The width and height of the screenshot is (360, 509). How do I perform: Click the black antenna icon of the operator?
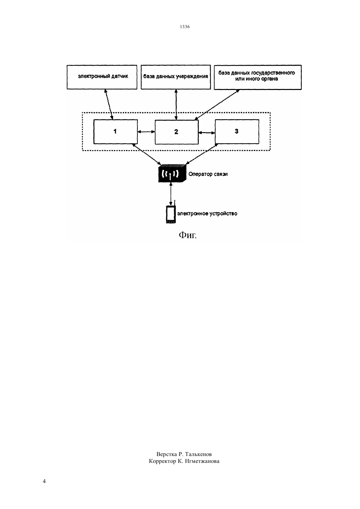pos(172,173)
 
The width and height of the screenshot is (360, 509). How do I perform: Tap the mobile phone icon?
pos(171,214)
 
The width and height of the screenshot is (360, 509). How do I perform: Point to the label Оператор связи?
pos(208,174)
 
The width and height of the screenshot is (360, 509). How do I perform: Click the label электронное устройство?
pos(207,214)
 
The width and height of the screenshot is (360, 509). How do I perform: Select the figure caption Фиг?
pos(188,235)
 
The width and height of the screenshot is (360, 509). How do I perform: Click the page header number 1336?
pos(185,27)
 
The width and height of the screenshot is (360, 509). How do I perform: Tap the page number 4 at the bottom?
pos(44,481)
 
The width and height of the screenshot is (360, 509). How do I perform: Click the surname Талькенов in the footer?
pos(198,454)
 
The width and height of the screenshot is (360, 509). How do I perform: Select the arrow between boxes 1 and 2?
pos(146,132)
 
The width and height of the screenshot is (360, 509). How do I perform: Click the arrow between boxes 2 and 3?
pos(207,132)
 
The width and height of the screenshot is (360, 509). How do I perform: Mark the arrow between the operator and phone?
pos(171,194)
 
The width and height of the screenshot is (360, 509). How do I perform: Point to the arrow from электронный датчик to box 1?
pos(109,104)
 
